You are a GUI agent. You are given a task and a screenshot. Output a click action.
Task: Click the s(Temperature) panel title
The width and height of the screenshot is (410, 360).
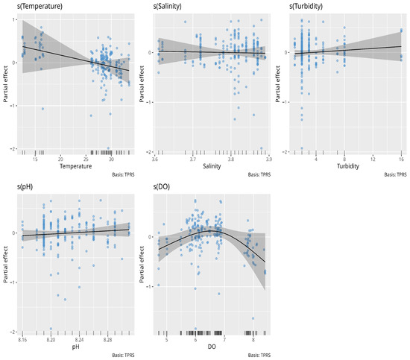(40, 6)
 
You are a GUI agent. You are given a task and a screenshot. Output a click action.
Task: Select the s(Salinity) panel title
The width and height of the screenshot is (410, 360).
(167, 6)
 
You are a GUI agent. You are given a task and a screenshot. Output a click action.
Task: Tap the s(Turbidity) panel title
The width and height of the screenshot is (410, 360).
(306, 6)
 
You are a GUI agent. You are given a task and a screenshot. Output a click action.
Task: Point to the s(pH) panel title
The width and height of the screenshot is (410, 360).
(25, 186)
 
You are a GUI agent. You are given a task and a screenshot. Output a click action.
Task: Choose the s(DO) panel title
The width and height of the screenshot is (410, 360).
(161, 186)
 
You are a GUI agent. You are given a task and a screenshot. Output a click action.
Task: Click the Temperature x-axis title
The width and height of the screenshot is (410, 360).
(76, 166)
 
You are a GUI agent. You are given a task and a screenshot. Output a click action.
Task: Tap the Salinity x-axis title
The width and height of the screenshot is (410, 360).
(212, 166)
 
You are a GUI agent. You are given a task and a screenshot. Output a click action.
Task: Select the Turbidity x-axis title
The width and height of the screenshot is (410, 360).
(348, 166)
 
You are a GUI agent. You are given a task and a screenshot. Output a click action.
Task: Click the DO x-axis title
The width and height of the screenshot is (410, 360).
(212, 347)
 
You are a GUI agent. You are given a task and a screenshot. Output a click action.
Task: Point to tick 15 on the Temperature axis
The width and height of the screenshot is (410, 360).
(35, 159)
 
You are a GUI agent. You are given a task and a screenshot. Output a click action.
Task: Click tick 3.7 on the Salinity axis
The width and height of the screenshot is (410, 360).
(193, 159)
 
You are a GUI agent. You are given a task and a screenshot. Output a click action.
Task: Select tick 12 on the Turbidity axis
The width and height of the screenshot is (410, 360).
(373, 159)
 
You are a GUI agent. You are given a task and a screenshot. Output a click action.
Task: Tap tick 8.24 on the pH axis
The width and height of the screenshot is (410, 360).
(80, 340)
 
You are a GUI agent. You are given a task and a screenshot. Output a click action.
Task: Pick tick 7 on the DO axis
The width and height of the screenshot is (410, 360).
(224, 340)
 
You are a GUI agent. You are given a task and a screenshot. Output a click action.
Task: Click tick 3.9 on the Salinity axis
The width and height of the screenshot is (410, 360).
(268, 159)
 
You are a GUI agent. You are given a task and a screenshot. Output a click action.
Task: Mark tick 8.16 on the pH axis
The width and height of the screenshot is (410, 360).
(22, 340)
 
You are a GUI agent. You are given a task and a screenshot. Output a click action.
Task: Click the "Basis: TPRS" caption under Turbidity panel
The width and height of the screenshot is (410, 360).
(395, 174)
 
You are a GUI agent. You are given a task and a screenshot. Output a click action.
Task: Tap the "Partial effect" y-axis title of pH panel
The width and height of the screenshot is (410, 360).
(5, 265)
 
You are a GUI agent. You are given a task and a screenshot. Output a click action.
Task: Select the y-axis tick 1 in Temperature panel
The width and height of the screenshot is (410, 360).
(13, 20)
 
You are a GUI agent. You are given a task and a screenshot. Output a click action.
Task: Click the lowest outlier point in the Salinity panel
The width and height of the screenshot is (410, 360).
(261, 148)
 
